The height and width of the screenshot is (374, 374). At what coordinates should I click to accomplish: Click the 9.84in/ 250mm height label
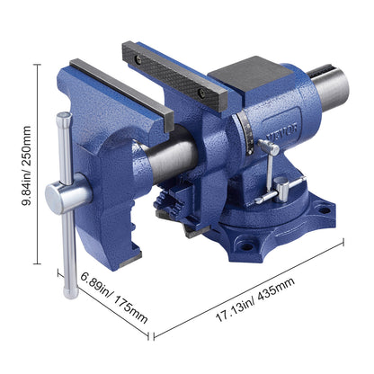pos(26,165)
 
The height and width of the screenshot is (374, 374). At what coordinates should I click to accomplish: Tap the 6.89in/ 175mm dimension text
pos(114,298)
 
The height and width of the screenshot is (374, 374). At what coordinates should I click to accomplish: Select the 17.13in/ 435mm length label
pos(255,299)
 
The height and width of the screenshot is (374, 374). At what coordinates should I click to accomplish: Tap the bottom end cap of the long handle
pos(71,293)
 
